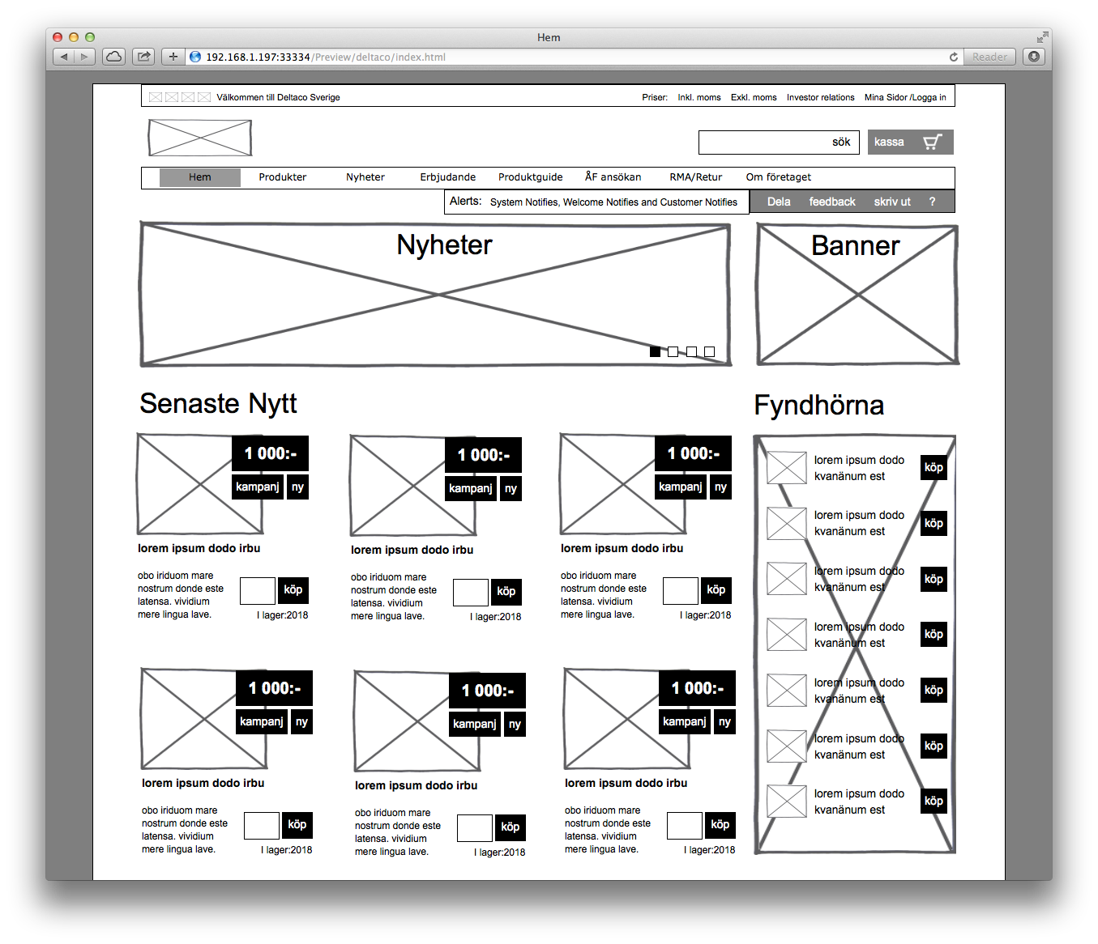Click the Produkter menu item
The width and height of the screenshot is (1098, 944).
[282, 177]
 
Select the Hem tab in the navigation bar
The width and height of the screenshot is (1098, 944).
[200, 177]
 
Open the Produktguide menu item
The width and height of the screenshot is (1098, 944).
[530, 177]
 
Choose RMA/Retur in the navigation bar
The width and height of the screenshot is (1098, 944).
[695, 177]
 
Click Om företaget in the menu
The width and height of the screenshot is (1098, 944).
[778, 177]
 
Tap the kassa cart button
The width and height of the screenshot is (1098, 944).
[910, 142]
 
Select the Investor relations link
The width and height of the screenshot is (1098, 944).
[820, 97]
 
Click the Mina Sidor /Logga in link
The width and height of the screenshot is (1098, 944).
[905, 97]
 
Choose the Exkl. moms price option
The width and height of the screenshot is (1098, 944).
[754, 97]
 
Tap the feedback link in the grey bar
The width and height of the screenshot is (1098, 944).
[832, 202]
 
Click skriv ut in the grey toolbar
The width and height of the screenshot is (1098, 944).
[892, 202]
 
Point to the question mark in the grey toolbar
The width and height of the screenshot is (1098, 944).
[932, 202]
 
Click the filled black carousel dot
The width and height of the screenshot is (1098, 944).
[655, 351]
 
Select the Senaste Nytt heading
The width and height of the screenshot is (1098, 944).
[218, 403]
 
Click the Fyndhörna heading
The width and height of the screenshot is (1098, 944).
[818, 405]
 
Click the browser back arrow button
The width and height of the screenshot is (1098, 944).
[64, 57]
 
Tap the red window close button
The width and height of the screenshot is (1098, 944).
[58, 37]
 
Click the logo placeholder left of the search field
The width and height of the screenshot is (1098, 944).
[199, 138]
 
